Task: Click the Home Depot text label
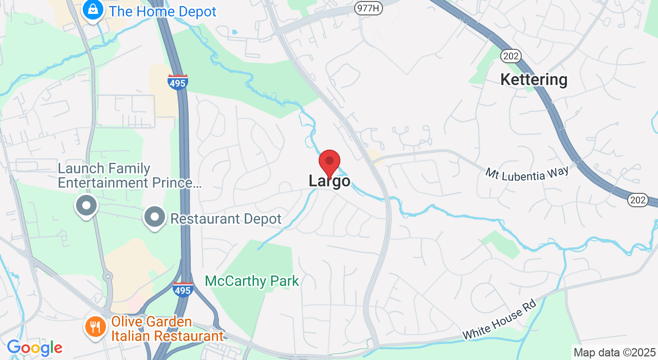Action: point(162,11)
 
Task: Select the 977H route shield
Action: point(369,8)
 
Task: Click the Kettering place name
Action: point(534,80)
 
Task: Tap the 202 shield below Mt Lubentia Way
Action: point(638,201)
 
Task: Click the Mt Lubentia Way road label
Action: point(527,173)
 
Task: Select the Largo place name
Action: point(330,181)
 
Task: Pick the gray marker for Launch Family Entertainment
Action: point(86,206)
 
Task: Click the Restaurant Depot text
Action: point(226,219)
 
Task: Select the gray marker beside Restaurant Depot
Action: point(154,218)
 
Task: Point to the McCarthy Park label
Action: point(252,281)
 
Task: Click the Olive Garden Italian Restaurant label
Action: point(167,329)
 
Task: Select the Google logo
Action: point(34,348)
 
